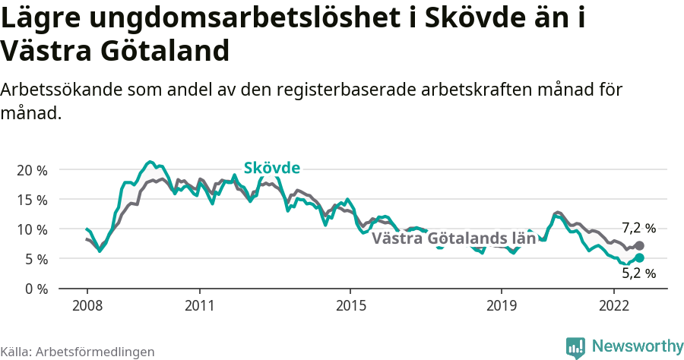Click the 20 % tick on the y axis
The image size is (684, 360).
pyautogui.click(x=32, y=170)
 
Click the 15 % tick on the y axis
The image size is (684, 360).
pyautogui.click(x=32, y=200)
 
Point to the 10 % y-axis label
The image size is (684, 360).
pyautogui.click(x=32, y=229)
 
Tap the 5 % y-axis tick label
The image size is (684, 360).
pyautogui.click(x=35, y=259)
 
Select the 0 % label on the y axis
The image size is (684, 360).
pyautogui.click(x=35, y=289)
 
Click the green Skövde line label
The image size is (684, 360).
pyautogui.click(x=271, y=169)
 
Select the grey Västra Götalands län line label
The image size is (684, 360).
pyautogui.click(x=454, y=238)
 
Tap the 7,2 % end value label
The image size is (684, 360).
pyautogui.click(x=638, y=228)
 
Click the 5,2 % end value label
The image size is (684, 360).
pyautogui.click(x=638, y=273)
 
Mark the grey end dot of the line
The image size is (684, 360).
pyautogui.click(x=639, y=245)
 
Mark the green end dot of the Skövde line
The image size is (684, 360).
pyautogui.click(x=639, y=258)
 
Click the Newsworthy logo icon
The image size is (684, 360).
pyautogui.click(x=575, y=347)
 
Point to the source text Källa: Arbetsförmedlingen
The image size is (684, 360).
pyautogui.click(x=78, y=352)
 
